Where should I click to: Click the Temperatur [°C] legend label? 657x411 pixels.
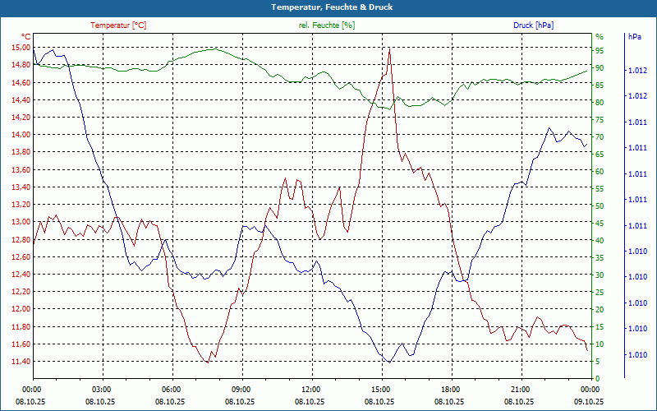pyautogui.click(x=118, y=25)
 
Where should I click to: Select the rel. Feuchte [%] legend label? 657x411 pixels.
pyautogui.click(x=327, y=25)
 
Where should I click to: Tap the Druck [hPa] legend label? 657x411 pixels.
pyautogui.click(x=533, y=25)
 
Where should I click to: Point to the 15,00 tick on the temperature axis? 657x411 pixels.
pyautogui.click(x=19, y=48)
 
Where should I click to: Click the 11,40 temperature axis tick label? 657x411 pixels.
pyautogui.click(x=19, y=362)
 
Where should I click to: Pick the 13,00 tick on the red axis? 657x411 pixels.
pyautogui.click(x=19, y=222)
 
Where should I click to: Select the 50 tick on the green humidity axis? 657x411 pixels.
pyautogui.click(x=600, y=205)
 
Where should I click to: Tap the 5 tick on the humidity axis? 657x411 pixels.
pyautogui.click(x=598, y=362)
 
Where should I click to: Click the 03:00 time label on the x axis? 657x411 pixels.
pyautogui.click(x=102, y=389)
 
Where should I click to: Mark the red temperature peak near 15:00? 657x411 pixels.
pyautogui.click(x=389, y=48)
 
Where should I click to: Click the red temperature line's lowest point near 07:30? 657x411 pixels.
pyautogui.click(x=208, y=362)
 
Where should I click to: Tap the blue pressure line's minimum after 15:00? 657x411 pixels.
pyautogui.click(x=389, y=362)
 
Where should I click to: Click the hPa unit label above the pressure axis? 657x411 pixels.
pyautogui.click(x=635, y=37)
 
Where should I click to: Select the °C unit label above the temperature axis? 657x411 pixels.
pyautogui.click(x=26, y=37)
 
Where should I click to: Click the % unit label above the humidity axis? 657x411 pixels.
pyautogui.click(x=600, y=37)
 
